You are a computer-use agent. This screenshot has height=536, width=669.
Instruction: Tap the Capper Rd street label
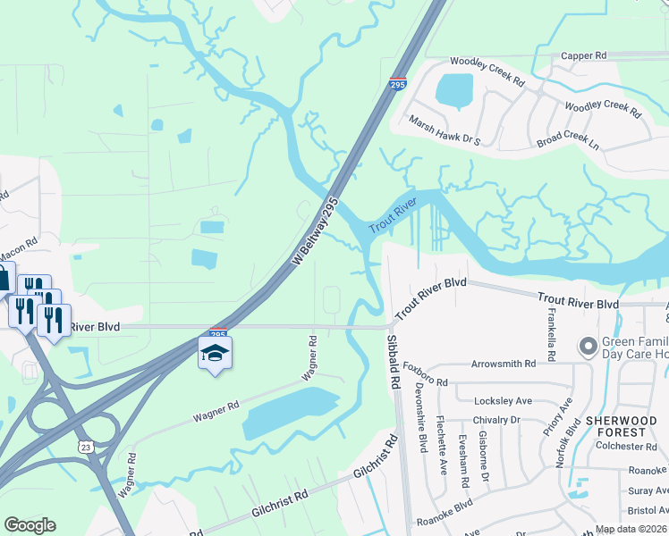tap(583, 55)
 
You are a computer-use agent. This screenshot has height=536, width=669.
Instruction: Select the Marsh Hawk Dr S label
tap(445, 130)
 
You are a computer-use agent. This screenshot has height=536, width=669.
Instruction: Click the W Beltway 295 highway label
tap(316, 231)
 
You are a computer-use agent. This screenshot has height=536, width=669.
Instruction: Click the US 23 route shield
tap(86, 447)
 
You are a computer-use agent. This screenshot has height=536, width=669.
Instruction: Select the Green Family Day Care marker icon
tap(588, 346)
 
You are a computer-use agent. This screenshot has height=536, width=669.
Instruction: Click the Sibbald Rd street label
tap(393, 362)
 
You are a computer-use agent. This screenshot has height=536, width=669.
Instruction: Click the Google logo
tap(30, 525)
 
